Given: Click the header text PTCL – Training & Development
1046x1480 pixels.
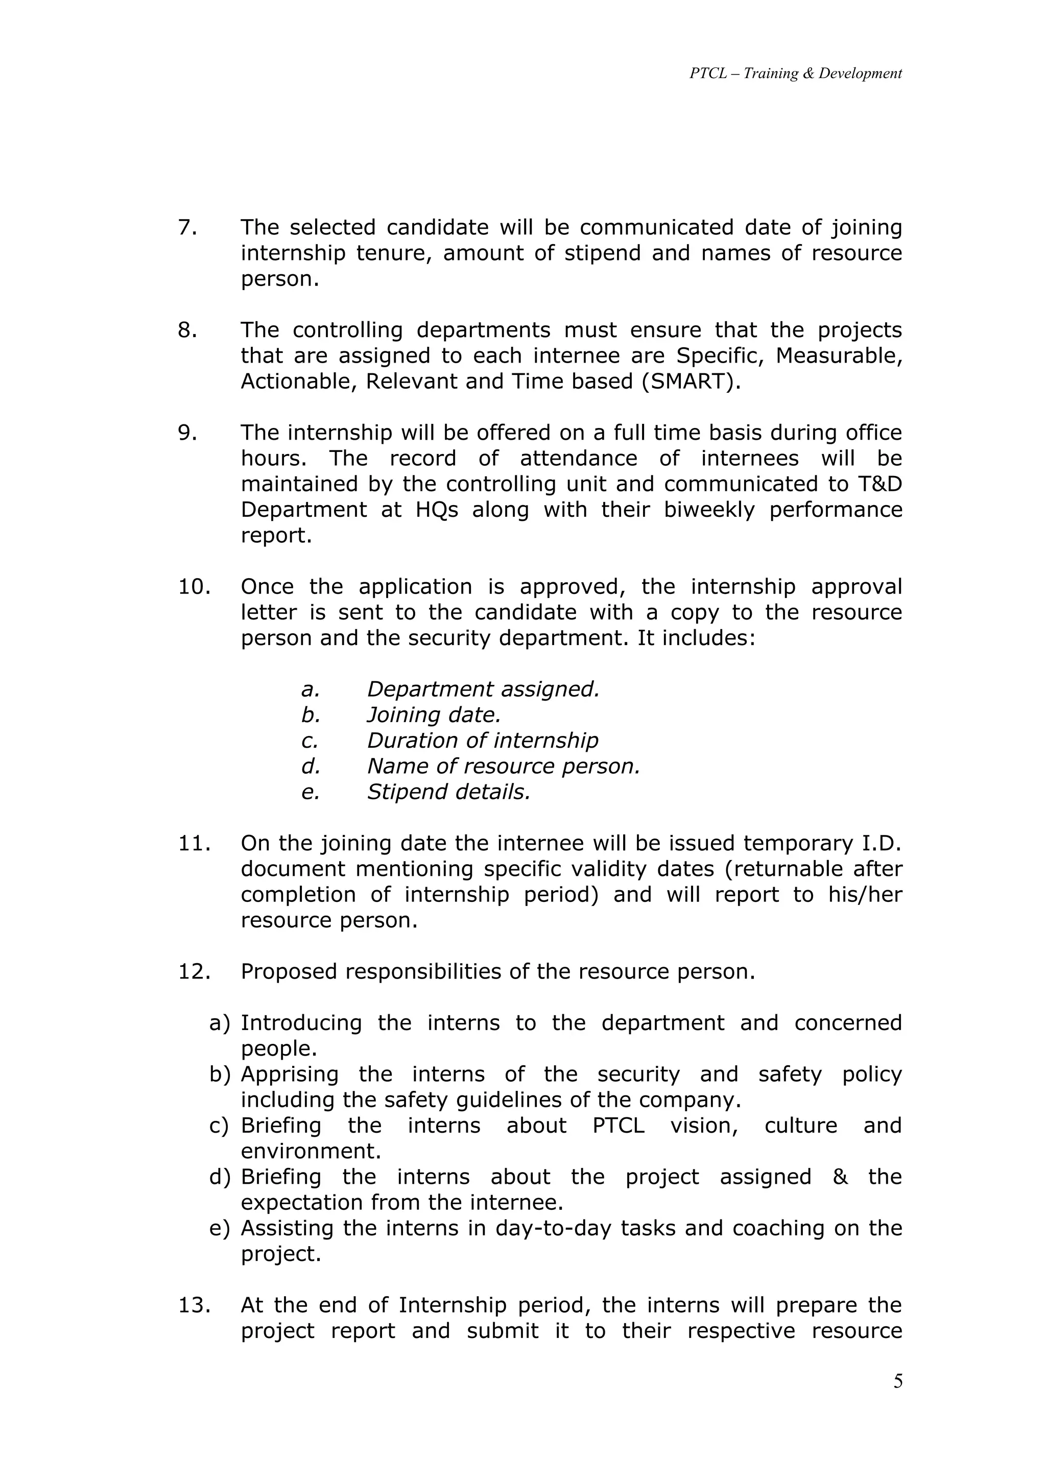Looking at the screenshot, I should tap(795, 74).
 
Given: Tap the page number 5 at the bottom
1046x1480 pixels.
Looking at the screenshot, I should tap(898, 1381).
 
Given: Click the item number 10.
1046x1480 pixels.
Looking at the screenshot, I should tap(194, 587).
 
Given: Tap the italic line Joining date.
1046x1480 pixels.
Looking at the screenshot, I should tap(433, 715).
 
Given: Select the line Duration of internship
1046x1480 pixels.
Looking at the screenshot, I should tap(482, 741).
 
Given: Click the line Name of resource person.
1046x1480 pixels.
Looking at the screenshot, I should tap(503, 767).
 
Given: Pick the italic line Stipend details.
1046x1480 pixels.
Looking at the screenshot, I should tap(448, 792).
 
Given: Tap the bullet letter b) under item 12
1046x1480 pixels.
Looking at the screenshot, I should tap(219, 1075).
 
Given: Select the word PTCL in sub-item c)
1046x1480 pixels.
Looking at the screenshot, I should tap(618, 1126).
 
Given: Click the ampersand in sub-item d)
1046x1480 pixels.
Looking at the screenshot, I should tap(840, 1177).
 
